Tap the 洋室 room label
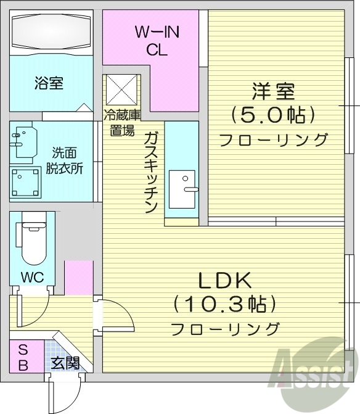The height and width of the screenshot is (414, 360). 272,93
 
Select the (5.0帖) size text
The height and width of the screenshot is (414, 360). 273,115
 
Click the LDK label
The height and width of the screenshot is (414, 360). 226,281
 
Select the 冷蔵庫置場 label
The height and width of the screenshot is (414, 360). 122,122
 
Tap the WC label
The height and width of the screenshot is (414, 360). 32,277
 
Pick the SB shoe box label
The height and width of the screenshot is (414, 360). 23,357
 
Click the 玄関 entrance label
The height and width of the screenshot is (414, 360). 65,363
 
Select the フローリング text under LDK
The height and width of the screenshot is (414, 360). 225,328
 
